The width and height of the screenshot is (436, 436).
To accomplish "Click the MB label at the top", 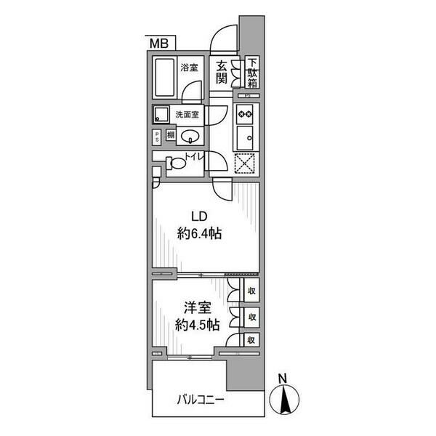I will [159, 44].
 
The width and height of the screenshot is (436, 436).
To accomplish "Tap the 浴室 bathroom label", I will [190, 64].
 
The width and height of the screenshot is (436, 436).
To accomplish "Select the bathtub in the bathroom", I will [163, 79].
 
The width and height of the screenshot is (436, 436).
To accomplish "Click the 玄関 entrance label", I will [222, 71].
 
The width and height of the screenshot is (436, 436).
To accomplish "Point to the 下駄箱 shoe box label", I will [251, 73].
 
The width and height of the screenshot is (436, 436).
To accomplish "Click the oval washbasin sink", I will [190, 137].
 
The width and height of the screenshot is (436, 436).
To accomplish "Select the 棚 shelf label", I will [170, 136].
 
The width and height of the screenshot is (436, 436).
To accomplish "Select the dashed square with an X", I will [245, 164].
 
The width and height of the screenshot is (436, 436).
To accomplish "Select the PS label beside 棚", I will [158, 137].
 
